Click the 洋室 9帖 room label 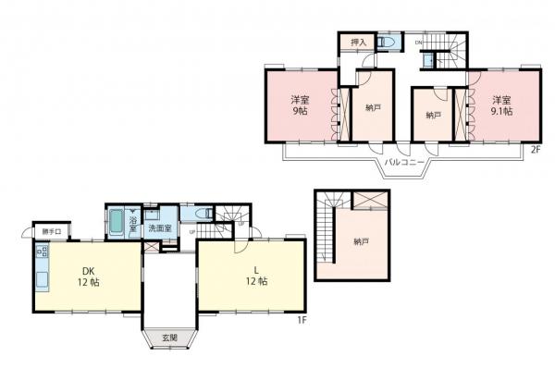coord(299,105)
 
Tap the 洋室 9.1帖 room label coord(501,105)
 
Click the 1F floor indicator coord(302,319)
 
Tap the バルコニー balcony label coord(404,163)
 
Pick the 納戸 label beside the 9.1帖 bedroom coord(432,115)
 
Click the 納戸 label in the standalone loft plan coord(362,241)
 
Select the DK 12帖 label coord(89,277)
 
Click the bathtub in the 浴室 coord(118,223)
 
